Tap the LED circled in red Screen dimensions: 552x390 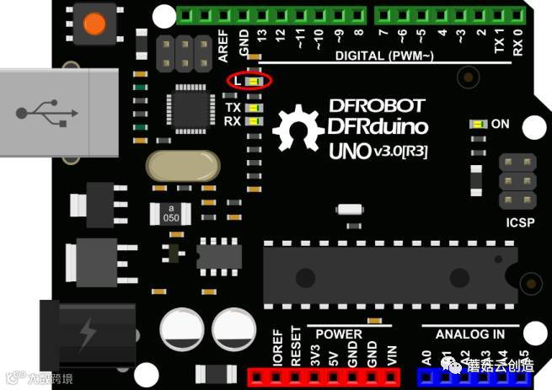(x=254, y=81)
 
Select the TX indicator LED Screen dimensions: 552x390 (x=254, y=108)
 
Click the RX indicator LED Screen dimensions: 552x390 (x=254, y=121)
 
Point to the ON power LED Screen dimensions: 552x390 (x=479, y=124)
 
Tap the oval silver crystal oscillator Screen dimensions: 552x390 (x=184, y=167)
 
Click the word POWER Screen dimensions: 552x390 (x=338, y=334)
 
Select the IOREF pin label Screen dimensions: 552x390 (x=277, y=352)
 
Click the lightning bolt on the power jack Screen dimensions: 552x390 (x=87, y=334)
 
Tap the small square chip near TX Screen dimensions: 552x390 (x=192, y=109)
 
